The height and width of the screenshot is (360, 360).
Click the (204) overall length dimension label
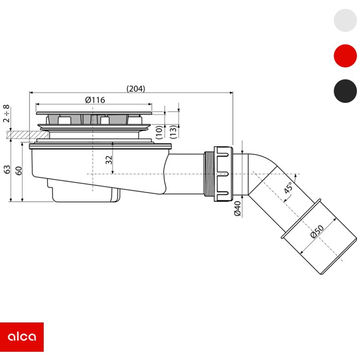[136, 88]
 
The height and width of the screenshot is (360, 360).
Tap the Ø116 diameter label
[95, 100]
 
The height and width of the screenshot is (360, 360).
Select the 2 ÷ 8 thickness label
[7, 114]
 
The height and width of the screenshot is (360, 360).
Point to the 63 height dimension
[7, 169]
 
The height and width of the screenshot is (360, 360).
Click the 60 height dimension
[19, 171]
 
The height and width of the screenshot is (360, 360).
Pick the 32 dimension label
[109, 160]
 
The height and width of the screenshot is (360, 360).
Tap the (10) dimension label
[159, 132]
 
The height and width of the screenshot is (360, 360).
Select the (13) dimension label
[174, 132]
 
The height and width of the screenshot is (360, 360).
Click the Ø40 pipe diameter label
[238, 208]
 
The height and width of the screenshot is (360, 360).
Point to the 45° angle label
[288, 188]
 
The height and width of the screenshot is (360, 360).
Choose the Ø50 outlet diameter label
[317, 231]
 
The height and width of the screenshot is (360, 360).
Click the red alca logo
[22, 337]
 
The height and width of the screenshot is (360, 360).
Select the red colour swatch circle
[345, 56]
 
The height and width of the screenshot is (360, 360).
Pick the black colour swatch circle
[345, 91]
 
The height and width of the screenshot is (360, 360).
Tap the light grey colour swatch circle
[345, 20]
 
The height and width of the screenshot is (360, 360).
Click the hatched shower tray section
[28, 135]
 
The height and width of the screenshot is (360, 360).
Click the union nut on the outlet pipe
[223, 174]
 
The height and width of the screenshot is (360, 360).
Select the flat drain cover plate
[94, 113]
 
